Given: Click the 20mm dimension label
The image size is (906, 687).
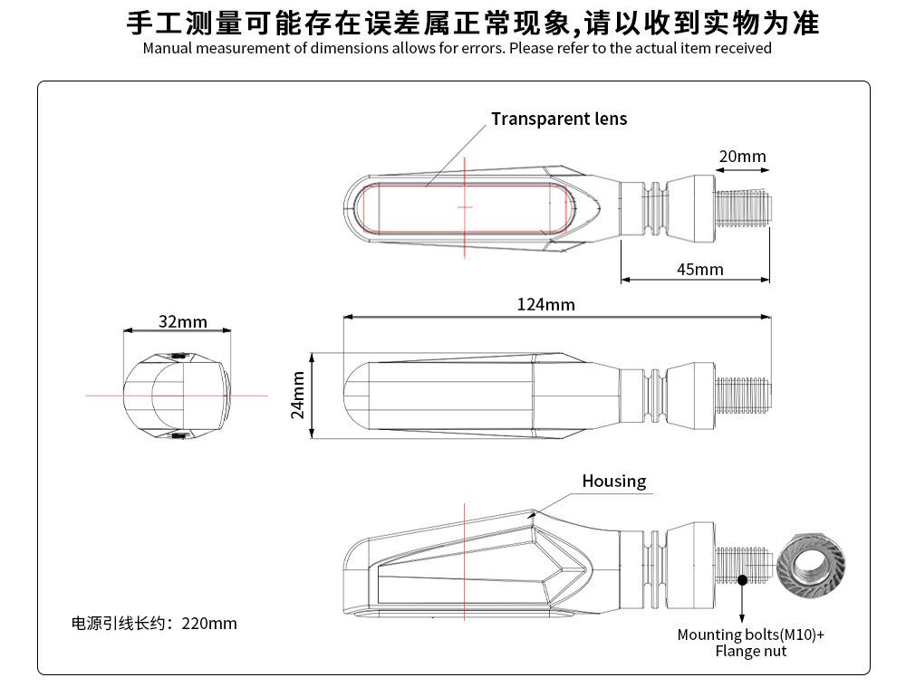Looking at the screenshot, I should click(742, 157).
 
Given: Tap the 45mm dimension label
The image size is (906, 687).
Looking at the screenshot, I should click(699, 269).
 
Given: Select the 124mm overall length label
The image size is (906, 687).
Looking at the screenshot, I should click(545, 304).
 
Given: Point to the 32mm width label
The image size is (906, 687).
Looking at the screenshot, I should click(182, 321).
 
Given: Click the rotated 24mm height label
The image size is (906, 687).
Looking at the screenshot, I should click(298, 396).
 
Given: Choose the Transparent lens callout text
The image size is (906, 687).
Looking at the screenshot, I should click(559, 119).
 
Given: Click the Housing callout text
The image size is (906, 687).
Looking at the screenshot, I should click(613, 481).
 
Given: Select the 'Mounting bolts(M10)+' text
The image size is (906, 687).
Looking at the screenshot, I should click(750, 635).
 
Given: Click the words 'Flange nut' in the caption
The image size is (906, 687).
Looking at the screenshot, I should click(750, 651).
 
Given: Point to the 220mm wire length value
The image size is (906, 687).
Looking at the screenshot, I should click(209, 623).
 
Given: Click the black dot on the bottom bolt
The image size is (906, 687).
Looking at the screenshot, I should click(742, 580).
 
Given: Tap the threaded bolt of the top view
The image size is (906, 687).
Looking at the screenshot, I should click(743, 207).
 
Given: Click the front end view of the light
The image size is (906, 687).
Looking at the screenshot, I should click(176, 396).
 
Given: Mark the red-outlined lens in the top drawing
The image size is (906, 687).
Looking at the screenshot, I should click(464, 206).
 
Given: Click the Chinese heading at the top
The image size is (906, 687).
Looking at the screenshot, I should click(472, 22).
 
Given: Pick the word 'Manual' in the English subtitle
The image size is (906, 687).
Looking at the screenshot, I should click(167, 48).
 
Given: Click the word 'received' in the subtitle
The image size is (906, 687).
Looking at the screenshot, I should click(743, 48).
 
